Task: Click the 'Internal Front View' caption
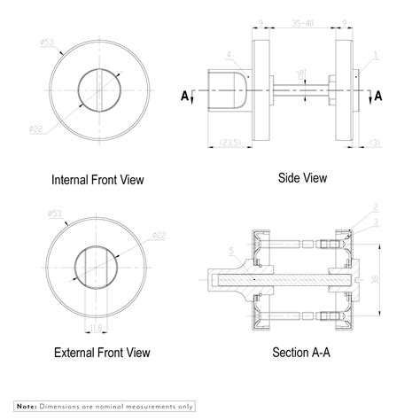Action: click(97, 180)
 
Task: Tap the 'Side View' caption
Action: click(302, 178)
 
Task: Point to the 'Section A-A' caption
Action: click(302, 353)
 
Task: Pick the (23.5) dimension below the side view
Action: click(232, 143)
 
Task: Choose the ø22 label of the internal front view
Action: click(36, 129)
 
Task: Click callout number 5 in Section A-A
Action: click(232, 251)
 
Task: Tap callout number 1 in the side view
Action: click(376, 55)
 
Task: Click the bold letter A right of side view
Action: click(379, 95)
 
